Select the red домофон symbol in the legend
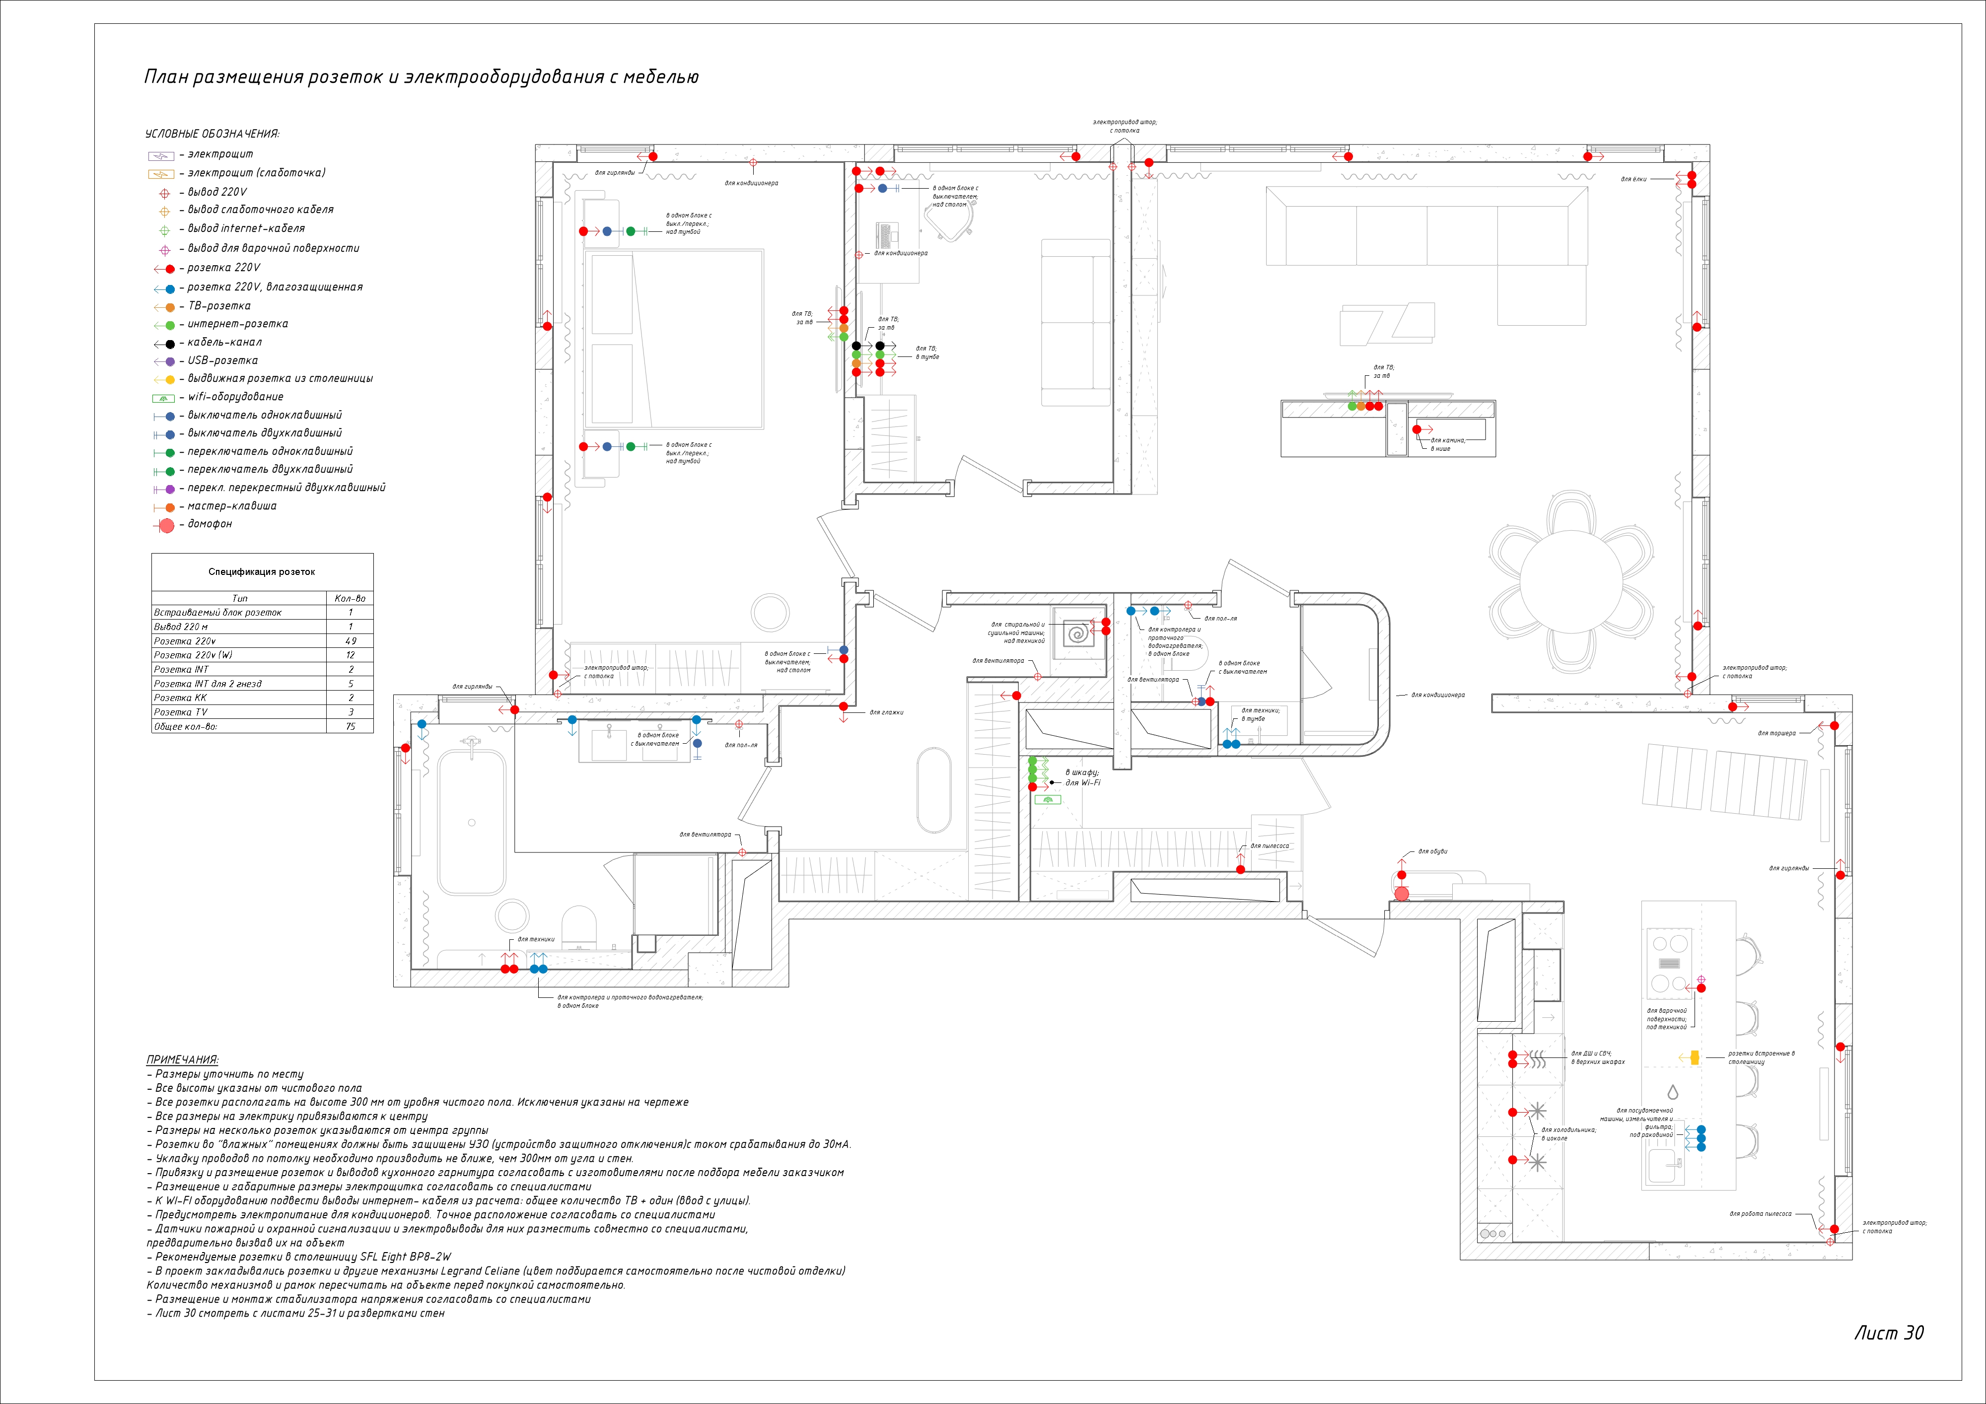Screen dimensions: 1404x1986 tap(167, 525)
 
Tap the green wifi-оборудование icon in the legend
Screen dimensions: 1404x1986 tap(163, 398)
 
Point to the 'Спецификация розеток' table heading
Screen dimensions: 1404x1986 tap(261, 572)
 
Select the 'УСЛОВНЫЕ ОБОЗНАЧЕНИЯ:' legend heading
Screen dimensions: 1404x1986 tap(212, 134)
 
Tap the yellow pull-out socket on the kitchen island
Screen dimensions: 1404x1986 tap(1694, 1057)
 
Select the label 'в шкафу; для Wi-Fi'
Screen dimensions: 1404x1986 tap(1082, 777)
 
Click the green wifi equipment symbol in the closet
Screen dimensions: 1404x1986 tap(1048, 800)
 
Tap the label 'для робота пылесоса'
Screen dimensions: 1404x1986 tap(1760, 1214)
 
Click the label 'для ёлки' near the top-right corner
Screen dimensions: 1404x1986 tap(1633, 180)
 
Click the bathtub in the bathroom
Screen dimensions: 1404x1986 tap(471, 822)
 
